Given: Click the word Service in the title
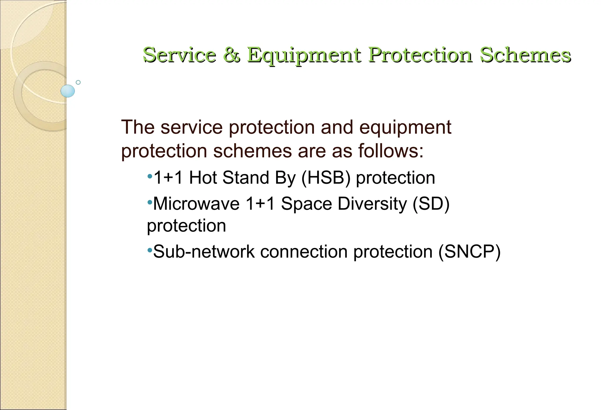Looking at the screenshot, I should (179, 55).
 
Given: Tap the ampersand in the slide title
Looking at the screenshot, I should (232, 55).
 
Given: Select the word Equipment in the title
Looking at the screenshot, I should (304, 55).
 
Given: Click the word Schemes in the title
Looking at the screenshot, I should (525, 55).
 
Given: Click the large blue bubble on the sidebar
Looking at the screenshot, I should (68, 91).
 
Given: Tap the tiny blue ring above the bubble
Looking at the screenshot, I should (78, 82).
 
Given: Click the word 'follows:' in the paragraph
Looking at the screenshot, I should (391, 151).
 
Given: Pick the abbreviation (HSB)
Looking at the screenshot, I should (326, 178).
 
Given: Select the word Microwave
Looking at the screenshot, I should (196, 204).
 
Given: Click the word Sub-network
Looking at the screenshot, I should (204, 252).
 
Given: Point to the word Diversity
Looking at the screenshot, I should (372, 204).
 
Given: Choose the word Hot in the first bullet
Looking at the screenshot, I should (203, 178).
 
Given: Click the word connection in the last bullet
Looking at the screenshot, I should (304, 252).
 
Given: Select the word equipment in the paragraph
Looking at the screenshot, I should (405, 128).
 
